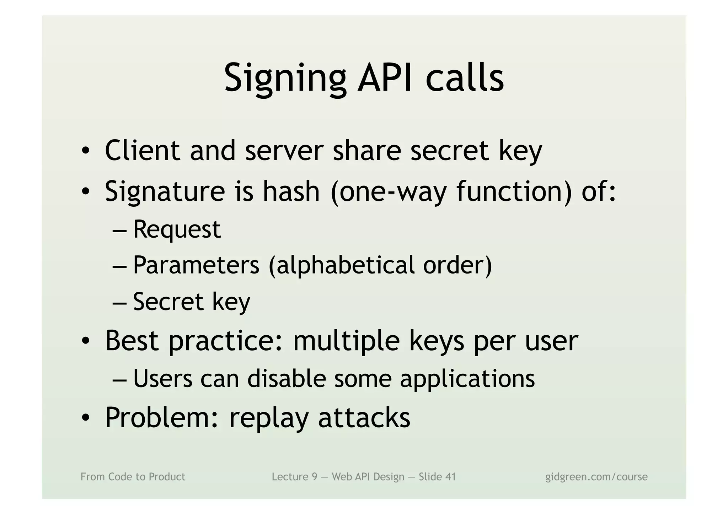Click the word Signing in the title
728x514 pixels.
(x=285, y=79)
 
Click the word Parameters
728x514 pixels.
(x=196, y=265)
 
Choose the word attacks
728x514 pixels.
(x=364, y=417)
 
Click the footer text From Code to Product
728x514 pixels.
(x=133, y=477)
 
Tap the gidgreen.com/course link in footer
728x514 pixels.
(x=596, y=477)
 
